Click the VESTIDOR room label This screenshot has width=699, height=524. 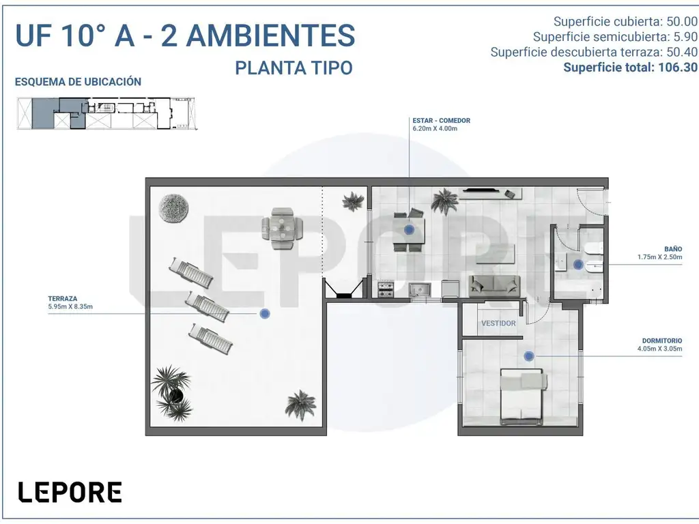coord(498,323)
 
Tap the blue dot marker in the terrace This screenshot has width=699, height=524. coord(265,314)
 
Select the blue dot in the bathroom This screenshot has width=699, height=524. coord(578,265)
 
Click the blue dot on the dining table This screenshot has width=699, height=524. coord(409,230)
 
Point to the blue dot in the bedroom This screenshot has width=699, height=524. coord(529,356)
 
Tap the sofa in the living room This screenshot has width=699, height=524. coord(494,286)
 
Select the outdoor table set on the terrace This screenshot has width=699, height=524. coord(282,229)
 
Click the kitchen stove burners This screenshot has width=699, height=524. coord(386,289)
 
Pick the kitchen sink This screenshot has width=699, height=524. coord(420,289)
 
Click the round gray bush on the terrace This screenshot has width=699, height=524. coord(173,208)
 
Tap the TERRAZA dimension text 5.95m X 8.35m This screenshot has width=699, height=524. coord(70,306)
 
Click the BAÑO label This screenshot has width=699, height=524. coord(672,249)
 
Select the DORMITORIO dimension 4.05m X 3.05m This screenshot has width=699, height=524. coord(660,349)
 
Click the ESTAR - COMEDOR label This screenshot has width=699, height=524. coord(442,120)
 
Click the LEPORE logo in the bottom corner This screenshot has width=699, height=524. coord(70,492)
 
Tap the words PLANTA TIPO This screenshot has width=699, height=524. coord(294,68)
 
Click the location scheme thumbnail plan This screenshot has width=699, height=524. coord(107,114)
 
